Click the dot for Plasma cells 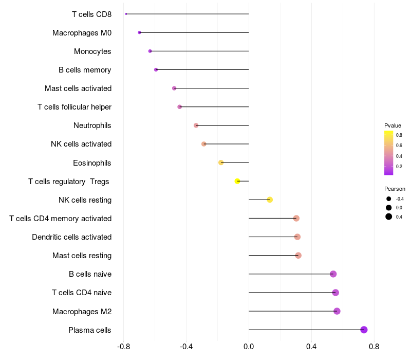pyautogui.click(x=364, y=330)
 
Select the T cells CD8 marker pyautogui.click(x=126, y=14)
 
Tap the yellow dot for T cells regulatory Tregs pyautogui.click(x=237, y=181)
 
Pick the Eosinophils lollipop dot pyautogui.click(x=221, y=163)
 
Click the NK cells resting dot pyautogui.click(x=270, y=200)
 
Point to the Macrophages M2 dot pyautogui.click(x=337, y=311)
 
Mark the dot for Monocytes pyautogui.click(x=150, y=51)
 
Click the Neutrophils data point pyautogui.click(x=196, y=125)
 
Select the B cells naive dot pyautogui.click(x=333, y=274)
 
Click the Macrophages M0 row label pyautogui.click(x=82, y=33)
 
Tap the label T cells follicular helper pyautogui.click(x=74, y=107)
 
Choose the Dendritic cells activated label pyautogui.click(x=71, y=237)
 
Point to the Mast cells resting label pyautogui.click(x=82, y=255)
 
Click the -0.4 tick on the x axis pyautogui.click(x=186, y=347)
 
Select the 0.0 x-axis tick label pyautogui.click(x=249, y=347)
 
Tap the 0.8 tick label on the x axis pyautogui.click(x=374, y=347)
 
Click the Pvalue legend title pyautogui.click(x=393, y=125)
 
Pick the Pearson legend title pyautogui.click(x=395, y=189)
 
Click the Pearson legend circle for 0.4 pyautogui.click(x=389, y=217)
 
